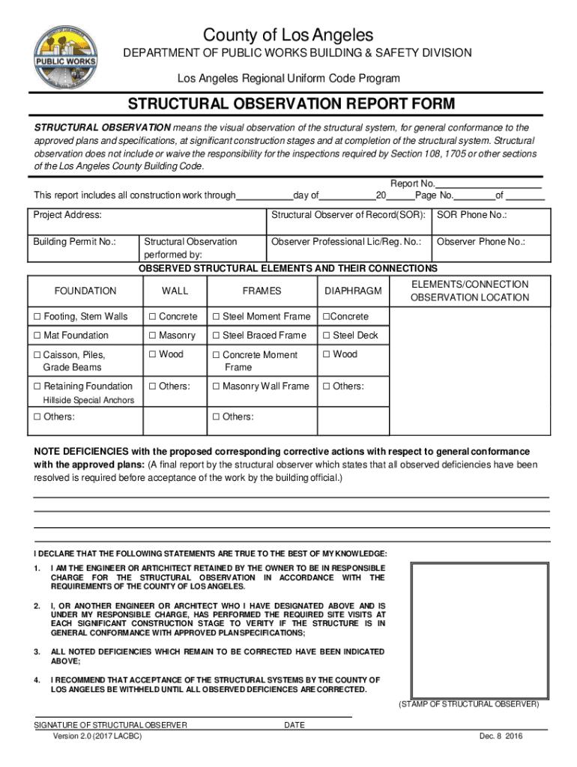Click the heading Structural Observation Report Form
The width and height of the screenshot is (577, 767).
click(291, 103)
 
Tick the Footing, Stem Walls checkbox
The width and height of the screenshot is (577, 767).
click(37, 317)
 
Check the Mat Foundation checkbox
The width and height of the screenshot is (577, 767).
click(37, 336)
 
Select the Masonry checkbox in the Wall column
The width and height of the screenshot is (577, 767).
click(152, 336)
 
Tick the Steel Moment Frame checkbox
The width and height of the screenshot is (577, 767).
click(216, 317)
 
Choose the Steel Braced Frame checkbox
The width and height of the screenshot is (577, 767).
click(216, 336)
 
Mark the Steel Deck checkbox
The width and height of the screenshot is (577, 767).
click(326, 336)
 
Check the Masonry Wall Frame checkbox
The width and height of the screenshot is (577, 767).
click(216, 386)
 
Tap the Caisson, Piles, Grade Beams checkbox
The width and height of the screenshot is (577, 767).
click(37, 355)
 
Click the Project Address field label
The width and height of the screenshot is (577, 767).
click(67, 216)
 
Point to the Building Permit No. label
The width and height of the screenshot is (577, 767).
click(73, 242)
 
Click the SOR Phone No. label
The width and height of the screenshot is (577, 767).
click(471, 216)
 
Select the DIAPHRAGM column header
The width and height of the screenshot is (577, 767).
click(353, 291)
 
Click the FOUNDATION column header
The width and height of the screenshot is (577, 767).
click(85, 291)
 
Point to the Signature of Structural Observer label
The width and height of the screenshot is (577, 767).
click(110, 725)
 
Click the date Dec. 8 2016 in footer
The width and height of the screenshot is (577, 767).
click(501, 736)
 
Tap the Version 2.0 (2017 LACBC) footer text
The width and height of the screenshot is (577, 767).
click(97, 736)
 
